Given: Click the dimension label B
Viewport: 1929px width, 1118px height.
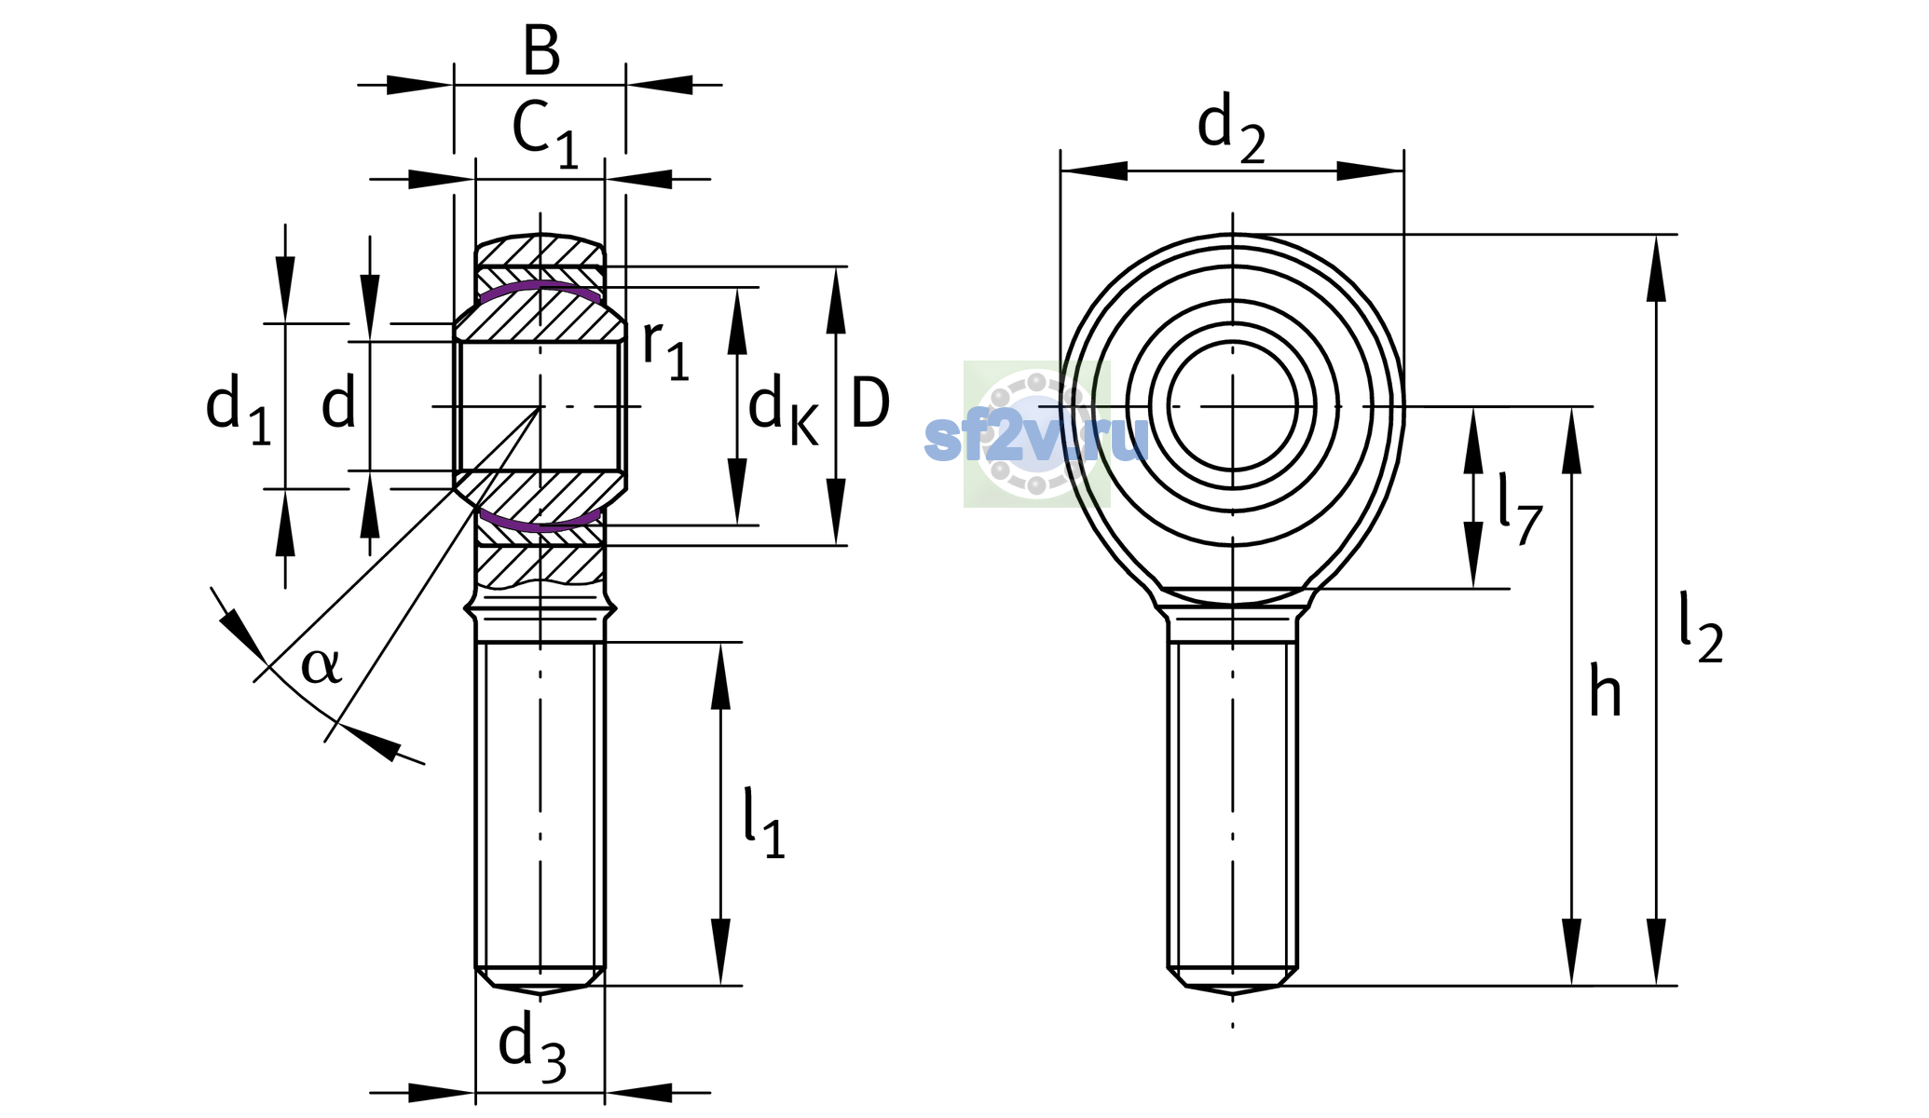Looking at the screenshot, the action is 541,50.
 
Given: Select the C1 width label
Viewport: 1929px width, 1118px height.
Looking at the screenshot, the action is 545,135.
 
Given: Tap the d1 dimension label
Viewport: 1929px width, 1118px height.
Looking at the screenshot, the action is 239,410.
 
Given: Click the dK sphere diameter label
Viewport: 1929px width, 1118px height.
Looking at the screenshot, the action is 783,412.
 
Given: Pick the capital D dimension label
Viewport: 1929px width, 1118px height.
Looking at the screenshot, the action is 870,403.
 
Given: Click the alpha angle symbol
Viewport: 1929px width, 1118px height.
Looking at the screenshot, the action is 321,665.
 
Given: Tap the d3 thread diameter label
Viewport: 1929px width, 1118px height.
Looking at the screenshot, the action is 532,1049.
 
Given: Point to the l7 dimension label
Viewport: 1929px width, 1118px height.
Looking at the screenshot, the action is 1520,509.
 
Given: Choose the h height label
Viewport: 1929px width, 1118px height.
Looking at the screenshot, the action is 1605,690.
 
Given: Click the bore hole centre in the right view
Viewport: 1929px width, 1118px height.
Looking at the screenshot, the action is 1233,406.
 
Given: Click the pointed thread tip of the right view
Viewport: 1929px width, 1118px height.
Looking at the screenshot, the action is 1233,994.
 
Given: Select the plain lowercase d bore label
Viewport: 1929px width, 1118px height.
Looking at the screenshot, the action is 338,403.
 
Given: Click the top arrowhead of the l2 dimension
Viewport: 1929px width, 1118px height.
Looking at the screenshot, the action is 1656,268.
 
